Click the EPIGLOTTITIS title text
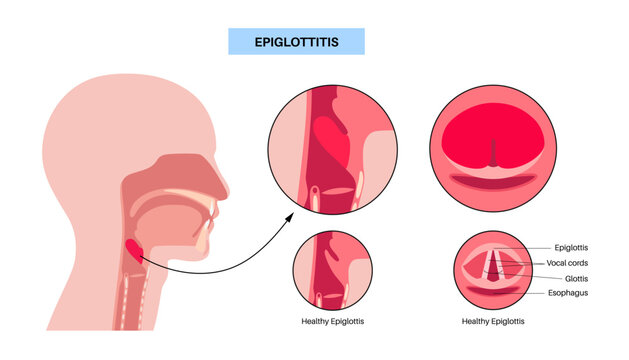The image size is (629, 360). pos(296,41)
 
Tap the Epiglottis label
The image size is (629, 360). pos(573,246)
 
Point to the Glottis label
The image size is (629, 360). pos(567,278)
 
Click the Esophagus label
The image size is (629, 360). pos(575,294)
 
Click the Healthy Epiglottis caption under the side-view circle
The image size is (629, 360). pos(334,321)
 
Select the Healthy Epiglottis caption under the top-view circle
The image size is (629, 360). pos(493,321)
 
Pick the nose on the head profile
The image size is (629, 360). pos(219,181)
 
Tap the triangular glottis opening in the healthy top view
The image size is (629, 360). pos(494,266)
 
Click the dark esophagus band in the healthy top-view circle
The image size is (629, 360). pos(493,291)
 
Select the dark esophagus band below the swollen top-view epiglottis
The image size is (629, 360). pos(493,183)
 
